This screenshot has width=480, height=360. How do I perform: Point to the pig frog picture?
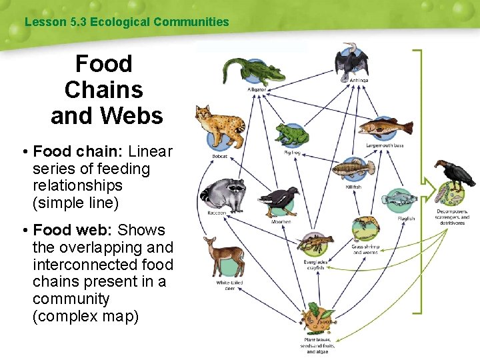click(x=291, y=135)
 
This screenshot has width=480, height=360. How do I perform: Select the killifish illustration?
click(x=353, y=169)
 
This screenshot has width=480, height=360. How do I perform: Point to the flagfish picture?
click(x=404, y=198)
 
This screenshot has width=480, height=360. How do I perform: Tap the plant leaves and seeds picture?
click(x=316, y=319)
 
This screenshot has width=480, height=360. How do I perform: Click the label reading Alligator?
click(x=257, y=89)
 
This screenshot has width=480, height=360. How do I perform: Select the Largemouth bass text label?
click(x=385, y=145)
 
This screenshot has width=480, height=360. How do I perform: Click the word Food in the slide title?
click(x=103, y=64)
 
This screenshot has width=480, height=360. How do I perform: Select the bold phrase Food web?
click(x=73, y=230)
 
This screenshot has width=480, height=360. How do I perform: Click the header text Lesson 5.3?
click(x=55, y=22)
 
